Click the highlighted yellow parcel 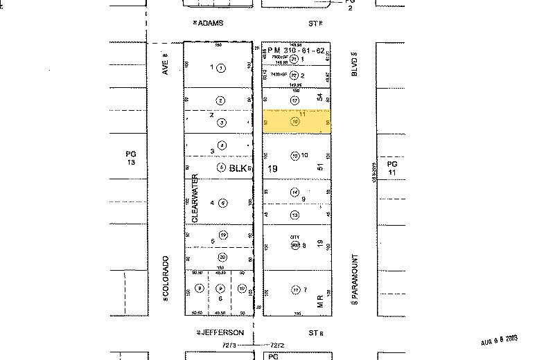pos(296,121)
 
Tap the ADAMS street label pos(210,23)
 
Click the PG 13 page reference pos(130,157)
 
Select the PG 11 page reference pos(391,167)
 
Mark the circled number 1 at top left pos(220,68)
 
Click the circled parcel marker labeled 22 pos(294,75)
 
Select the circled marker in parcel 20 pos(222,257)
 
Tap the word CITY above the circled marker pos(294,237)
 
